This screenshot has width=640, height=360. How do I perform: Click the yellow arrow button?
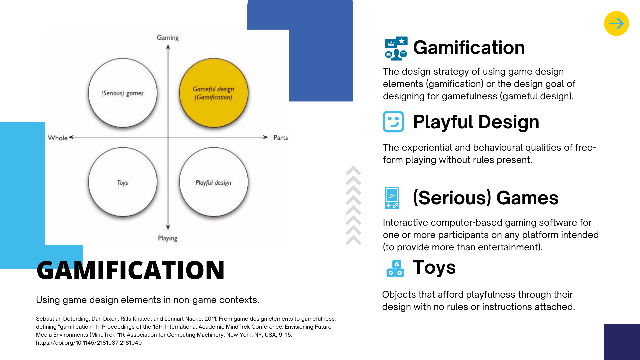616,23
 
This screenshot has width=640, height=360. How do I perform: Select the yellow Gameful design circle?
214,93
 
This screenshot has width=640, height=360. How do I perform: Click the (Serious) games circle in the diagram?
123,93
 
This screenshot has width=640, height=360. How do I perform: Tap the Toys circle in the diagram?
123,182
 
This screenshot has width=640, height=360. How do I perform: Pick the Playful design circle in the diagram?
214,182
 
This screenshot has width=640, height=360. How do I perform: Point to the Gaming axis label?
168,38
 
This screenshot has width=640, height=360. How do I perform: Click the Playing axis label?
168,238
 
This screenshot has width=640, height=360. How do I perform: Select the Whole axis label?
58,138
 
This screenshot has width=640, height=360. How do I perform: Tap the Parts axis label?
281,137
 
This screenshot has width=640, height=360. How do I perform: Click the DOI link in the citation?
89,343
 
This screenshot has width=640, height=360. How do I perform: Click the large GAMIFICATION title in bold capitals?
131,270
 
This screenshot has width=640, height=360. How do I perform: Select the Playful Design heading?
476,122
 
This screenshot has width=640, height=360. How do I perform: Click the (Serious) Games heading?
486,198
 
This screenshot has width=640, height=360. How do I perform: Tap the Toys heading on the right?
434,267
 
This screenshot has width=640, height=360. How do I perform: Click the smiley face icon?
393,122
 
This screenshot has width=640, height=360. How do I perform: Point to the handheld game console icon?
392,198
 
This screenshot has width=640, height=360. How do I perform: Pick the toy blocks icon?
395,268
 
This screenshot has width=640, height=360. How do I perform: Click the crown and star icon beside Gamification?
396,48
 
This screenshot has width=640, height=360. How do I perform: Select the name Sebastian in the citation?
49,319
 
